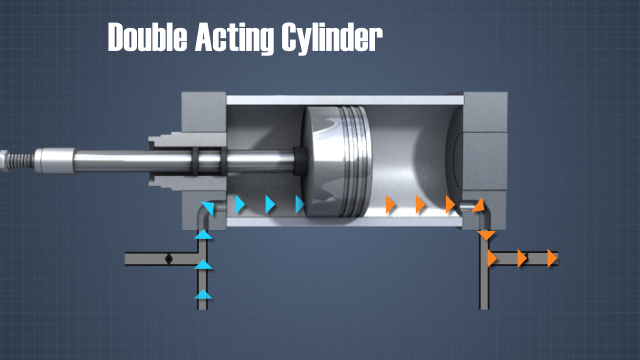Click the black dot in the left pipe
[x=169, y=258]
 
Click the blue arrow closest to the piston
[x=300, y=205]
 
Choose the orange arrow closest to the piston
[x=391, y=205]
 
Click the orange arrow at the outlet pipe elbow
[x=478, y=205]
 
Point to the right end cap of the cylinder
[x=484, y=150]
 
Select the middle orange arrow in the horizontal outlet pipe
[x=521, y=258]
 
